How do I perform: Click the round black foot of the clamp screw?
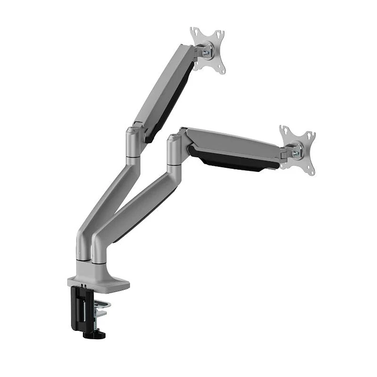coord(96,333)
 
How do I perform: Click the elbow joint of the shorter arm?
coord(175,150)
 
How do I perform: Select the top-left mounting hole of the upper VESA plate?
coord(194,31)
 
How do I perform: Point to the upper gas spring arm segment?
coord(163,87)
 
